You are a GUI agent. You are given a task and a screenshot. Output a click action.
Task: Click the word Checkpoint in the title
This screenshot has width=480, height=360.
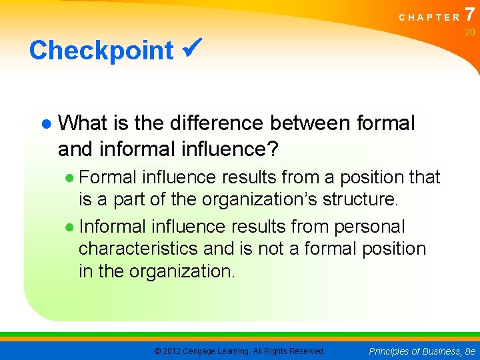pyautogui.click(x=101, y=51)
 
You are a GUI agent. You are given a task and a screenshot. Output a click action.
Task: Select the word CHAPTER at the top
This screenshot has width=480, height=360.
pyautogui.click(x=429, y=17)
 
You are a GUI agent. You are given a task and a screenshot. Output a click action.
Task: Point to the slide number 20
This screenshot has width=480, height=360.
pyautogui.click(x=470, y=33)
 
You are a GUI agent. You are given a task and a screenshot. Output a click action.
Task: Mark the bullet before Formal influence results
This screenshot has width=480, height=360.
pyautogui.click(x=70, y=178)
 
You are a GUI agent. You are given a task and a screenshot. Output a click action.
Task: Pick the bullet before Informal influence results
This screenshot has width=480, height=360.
pyautogui.click(x=70, y=226)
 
